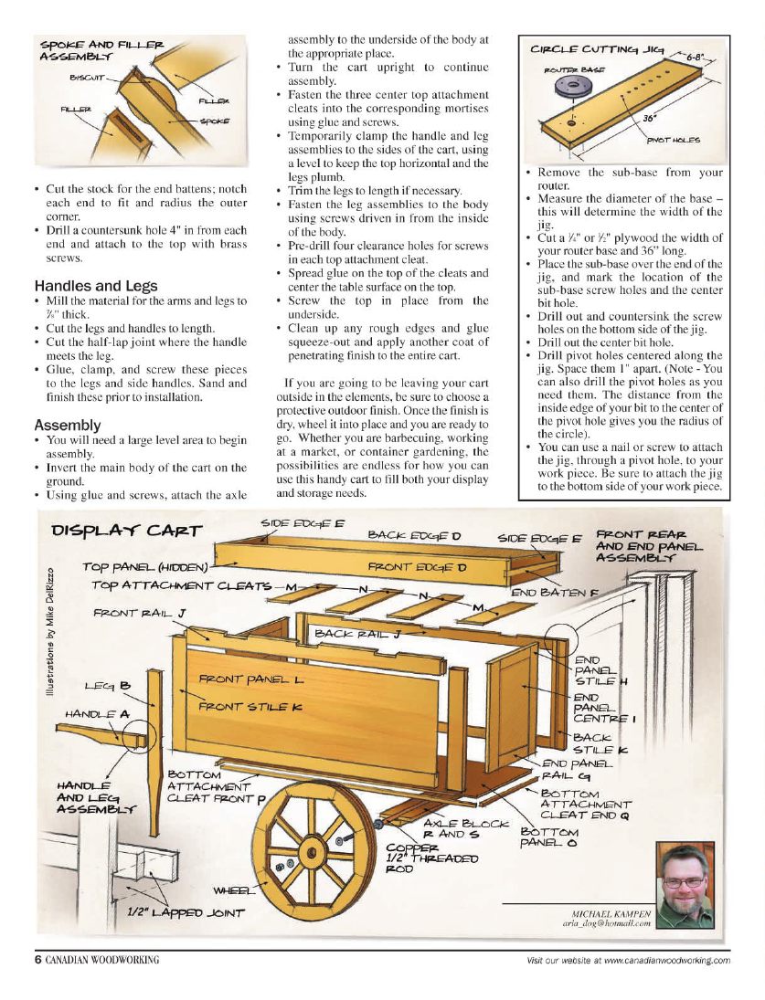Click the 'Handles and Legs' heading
tap(95, 286)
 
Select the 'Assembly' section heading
tap(67, 426)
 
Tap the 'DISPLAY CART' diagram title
tap(127, 531)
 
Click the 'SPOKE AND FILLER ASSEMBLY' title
tap(101, 50)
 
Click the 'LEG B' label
tap(108, 685)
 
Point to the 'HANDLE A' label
tap(97, 713)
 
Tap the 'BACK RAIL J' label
tap(357, 633)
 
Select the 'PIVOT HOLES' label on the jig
tap(673, 140)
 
